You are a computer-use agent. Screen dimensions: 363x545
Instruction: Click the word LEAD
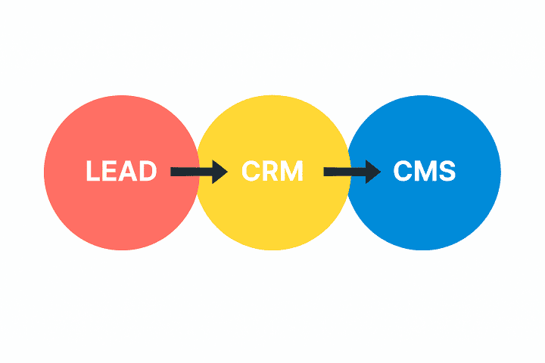pyautogui.click(x=121, y=172)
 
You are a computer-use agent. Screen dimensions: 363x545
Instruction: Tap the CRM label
pyautogui.click(x=272, y=172)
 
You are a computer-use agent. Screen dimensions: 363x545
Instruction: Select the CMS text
pyautogui.click(x=425, y=172)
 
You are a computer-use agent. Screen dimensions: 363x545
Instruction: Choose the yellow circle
pyautogui.click(x=272, y=219)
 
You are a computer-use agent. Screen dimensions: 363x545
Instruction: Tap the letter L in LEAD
pyautogui.click(x=93, y=172)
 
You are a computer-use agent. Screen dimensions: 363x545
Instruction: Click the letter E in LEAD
pyautogui.click(x=111, y=172)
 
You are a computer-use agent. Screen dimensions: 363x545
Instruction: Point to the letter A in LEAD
pyautogui.click(x=129, y=172)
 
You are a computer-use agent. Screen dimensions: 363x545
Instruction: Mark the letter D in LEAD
pyautogui.click(x=148, y=172)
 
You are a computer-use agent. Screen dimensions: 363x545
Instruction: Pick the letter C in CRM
pyautogui.click(x=251, y=172)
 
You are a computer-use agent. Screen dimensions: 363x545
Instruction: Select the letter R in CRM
pyautogui.click(x=271, y=172)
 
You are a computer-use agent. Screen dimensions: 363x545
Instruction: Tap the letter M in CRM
pyautogui.click(x=293, y=172)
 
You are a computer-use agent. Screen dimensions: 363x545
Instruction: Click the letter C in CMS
pyautogui.click(x=403, y=172)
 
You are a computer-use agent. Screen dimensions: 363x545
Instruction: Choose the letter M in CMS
pyautogui.click(x=425, y=172)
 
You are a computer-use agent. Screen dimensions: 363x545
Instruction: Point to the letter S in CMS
pyautogui.click(x=447, y=172)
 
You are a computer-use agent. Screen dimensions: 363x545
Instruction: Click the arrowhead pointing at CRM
pyautogui.click(x=219, y=172)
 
